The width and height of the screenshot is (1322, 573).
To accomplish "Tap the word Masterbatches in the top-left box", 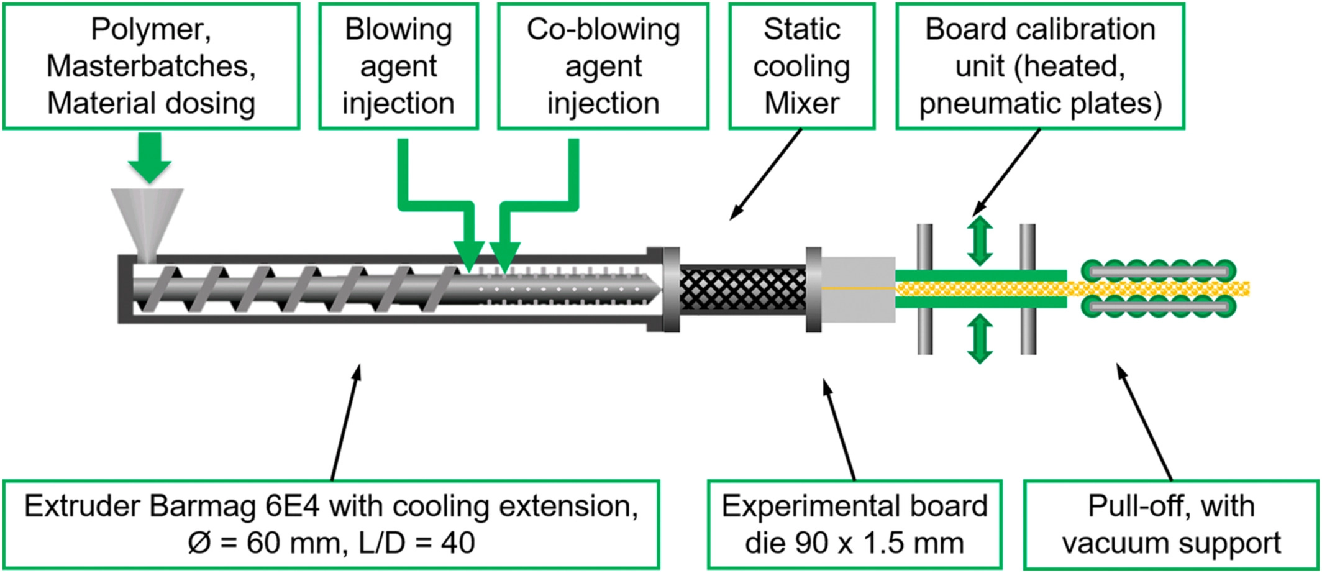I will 151,66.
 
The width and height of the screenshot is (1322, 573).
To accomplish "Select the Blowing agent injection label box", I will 398,66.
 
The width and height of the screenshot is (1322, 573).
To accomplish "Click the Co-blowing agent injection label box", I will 603,66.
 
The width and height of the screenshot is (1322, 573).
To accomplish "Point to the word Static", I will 801,30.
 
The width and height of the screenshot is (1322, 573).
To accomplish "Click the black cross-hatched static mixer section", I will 742,288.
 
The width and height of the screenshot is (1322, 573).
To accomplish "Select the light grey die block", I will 859,289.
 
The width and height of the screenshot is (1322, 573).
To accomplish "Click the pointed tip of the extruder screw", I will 652,289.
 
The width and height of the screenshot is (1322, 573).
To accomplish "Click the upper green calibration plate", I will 980,275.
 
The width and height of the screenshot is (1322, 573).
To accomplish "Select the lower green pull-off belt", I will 1159,306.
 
